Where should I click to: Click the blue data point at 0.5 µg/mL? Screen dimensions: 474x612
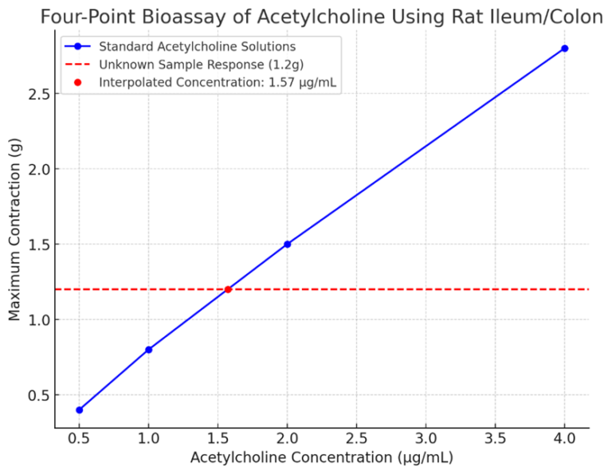coord(79,409)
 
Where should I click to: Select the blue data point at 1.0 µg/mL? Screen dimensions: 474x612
coord(148,350)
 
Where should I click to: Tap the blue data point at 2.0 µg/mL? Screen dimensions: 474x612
coord(287,244)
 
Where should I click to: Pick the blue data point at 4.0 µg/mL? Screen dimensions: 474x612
coord(564,49)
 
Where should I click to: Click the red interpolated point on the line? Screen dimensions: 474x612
coord(228,289)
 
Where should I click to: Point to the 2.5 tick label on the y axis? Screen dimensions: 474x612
coord(36,94)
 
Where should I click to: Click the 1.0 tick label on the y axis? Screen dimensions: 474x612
coord(36,319)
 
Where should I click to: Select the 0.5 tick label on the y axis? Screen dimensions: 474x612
coord(36,395)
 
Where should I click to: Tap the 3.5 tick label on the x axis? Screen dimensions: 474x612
coord(495,438)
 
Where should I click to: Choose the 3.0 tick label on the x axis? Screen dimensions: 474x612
coord(426,438)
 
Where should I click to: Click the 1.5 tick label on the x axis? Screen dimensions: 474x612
coord(218,438)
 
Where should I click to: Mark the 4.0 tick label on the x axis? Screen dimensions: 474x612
coord(564,438)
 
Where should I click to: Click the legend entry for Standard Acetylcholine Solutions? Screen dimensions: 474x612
coord(197,46)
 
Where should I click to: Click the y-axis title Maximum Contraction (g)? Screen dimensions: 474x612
coord(14,229)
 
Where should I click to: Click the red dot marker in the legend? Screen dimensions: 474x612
coord(77,81)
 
